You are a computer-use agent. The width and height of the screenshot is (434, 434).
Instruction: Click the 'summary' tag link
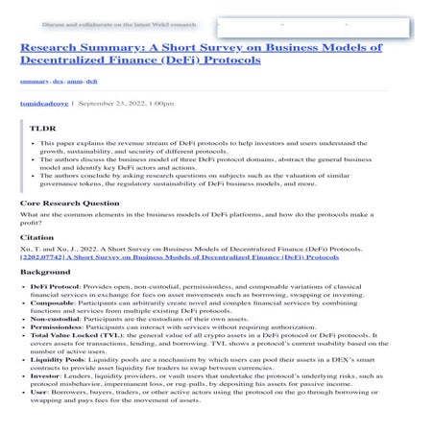[x=35, y=82]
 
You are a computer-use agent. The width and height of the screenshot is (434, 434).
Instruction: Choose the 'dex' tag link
[x=60, y=82]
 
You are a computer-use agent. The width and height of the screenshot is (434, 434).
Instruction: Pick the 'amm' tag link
[x=77, y=82]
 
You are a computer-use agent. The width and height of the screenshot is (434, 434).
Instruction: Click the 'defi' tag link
[x=93, y=82]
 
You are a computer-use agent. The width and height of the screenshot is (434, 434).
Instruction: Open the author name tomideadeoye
[x=46, y=101]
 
